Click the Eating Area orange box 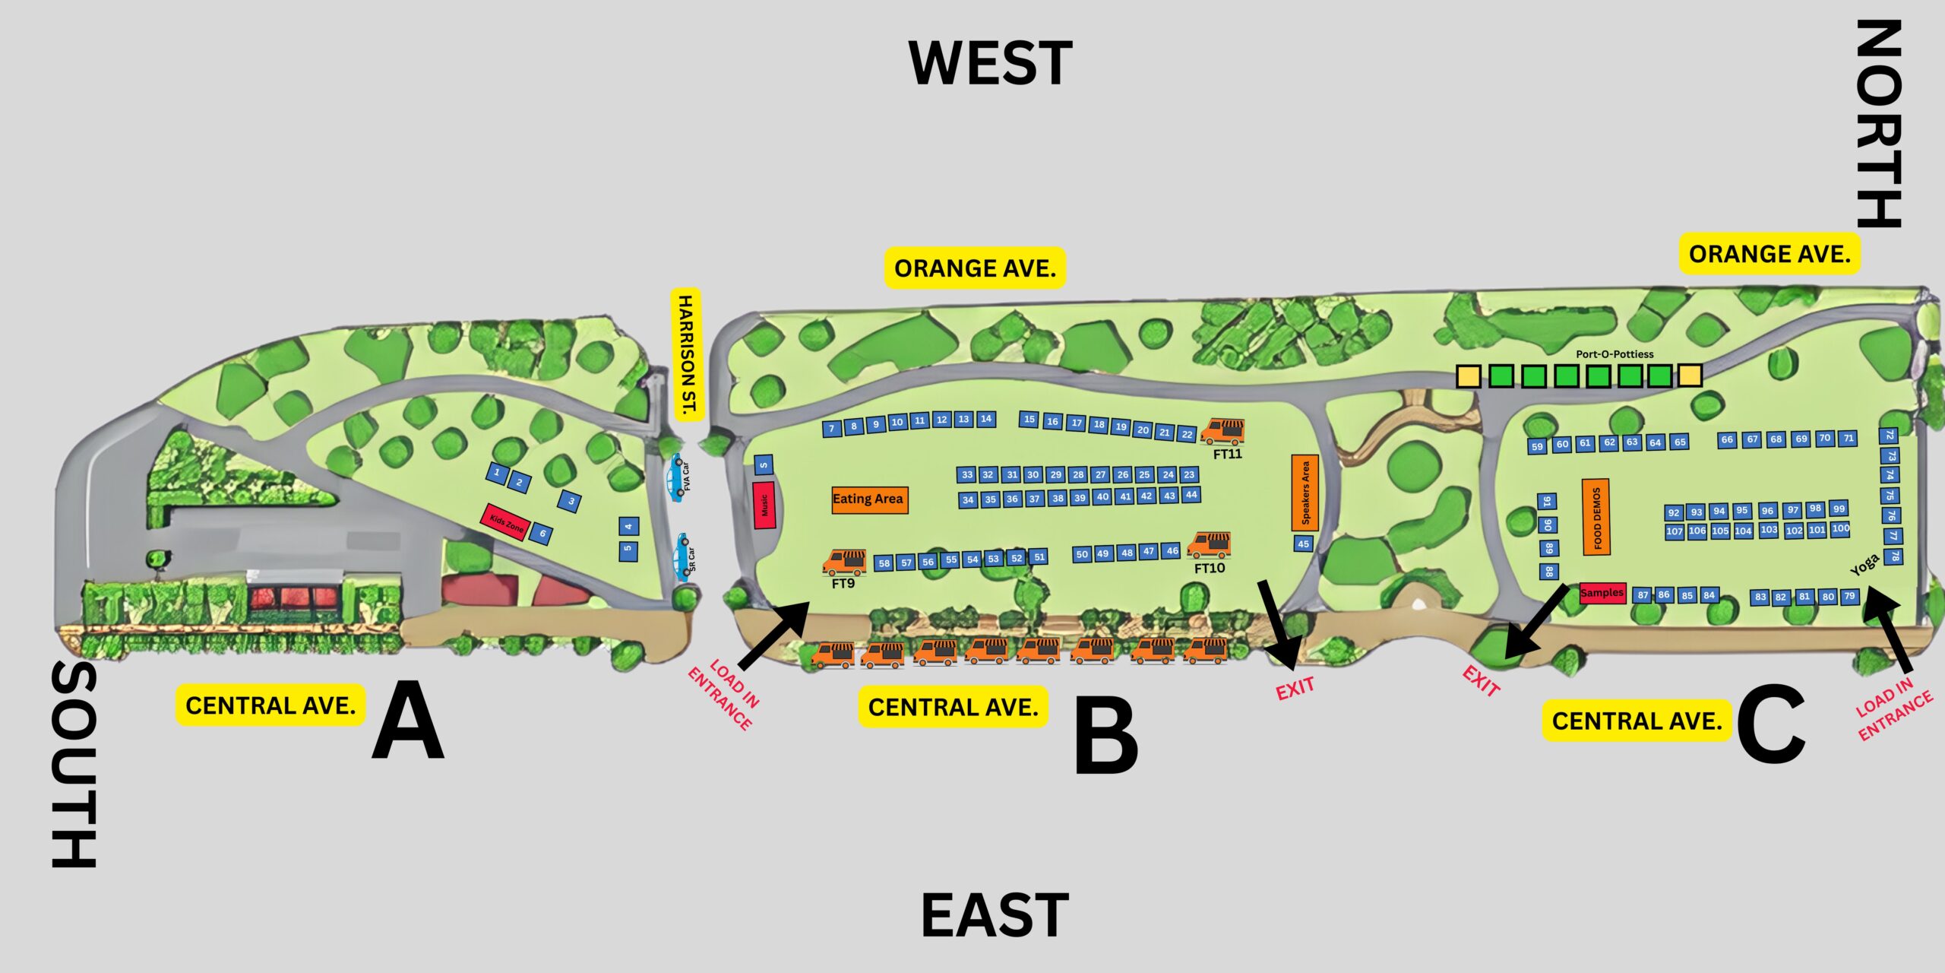(x=869, y=499)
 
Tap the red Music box (x=764, y=505)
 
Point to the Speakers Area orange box (x=1305, y=492)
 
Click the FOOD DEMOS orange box (x=1596, y=517)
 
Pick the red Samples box (x=1602, y=593)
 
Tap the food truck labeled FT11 (x=1222, y=431)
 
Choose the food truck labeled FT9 (x=844, y=562)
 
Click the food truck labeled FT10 (x=1209, y=544)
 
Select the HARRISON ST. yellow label (x=687, y=354)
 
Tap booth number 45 (x=1303, y=544)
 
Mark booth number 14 (x=985, y=419)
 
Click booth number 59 (x=1537, y=446)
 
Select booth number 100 (x=1840, y=528)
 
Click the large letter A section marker (x=408, y=721)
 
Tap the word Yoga (x=1864, y=565)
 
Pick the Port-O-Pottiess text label (x=1615, y=354)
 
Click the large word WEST (x=990, y=63)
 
